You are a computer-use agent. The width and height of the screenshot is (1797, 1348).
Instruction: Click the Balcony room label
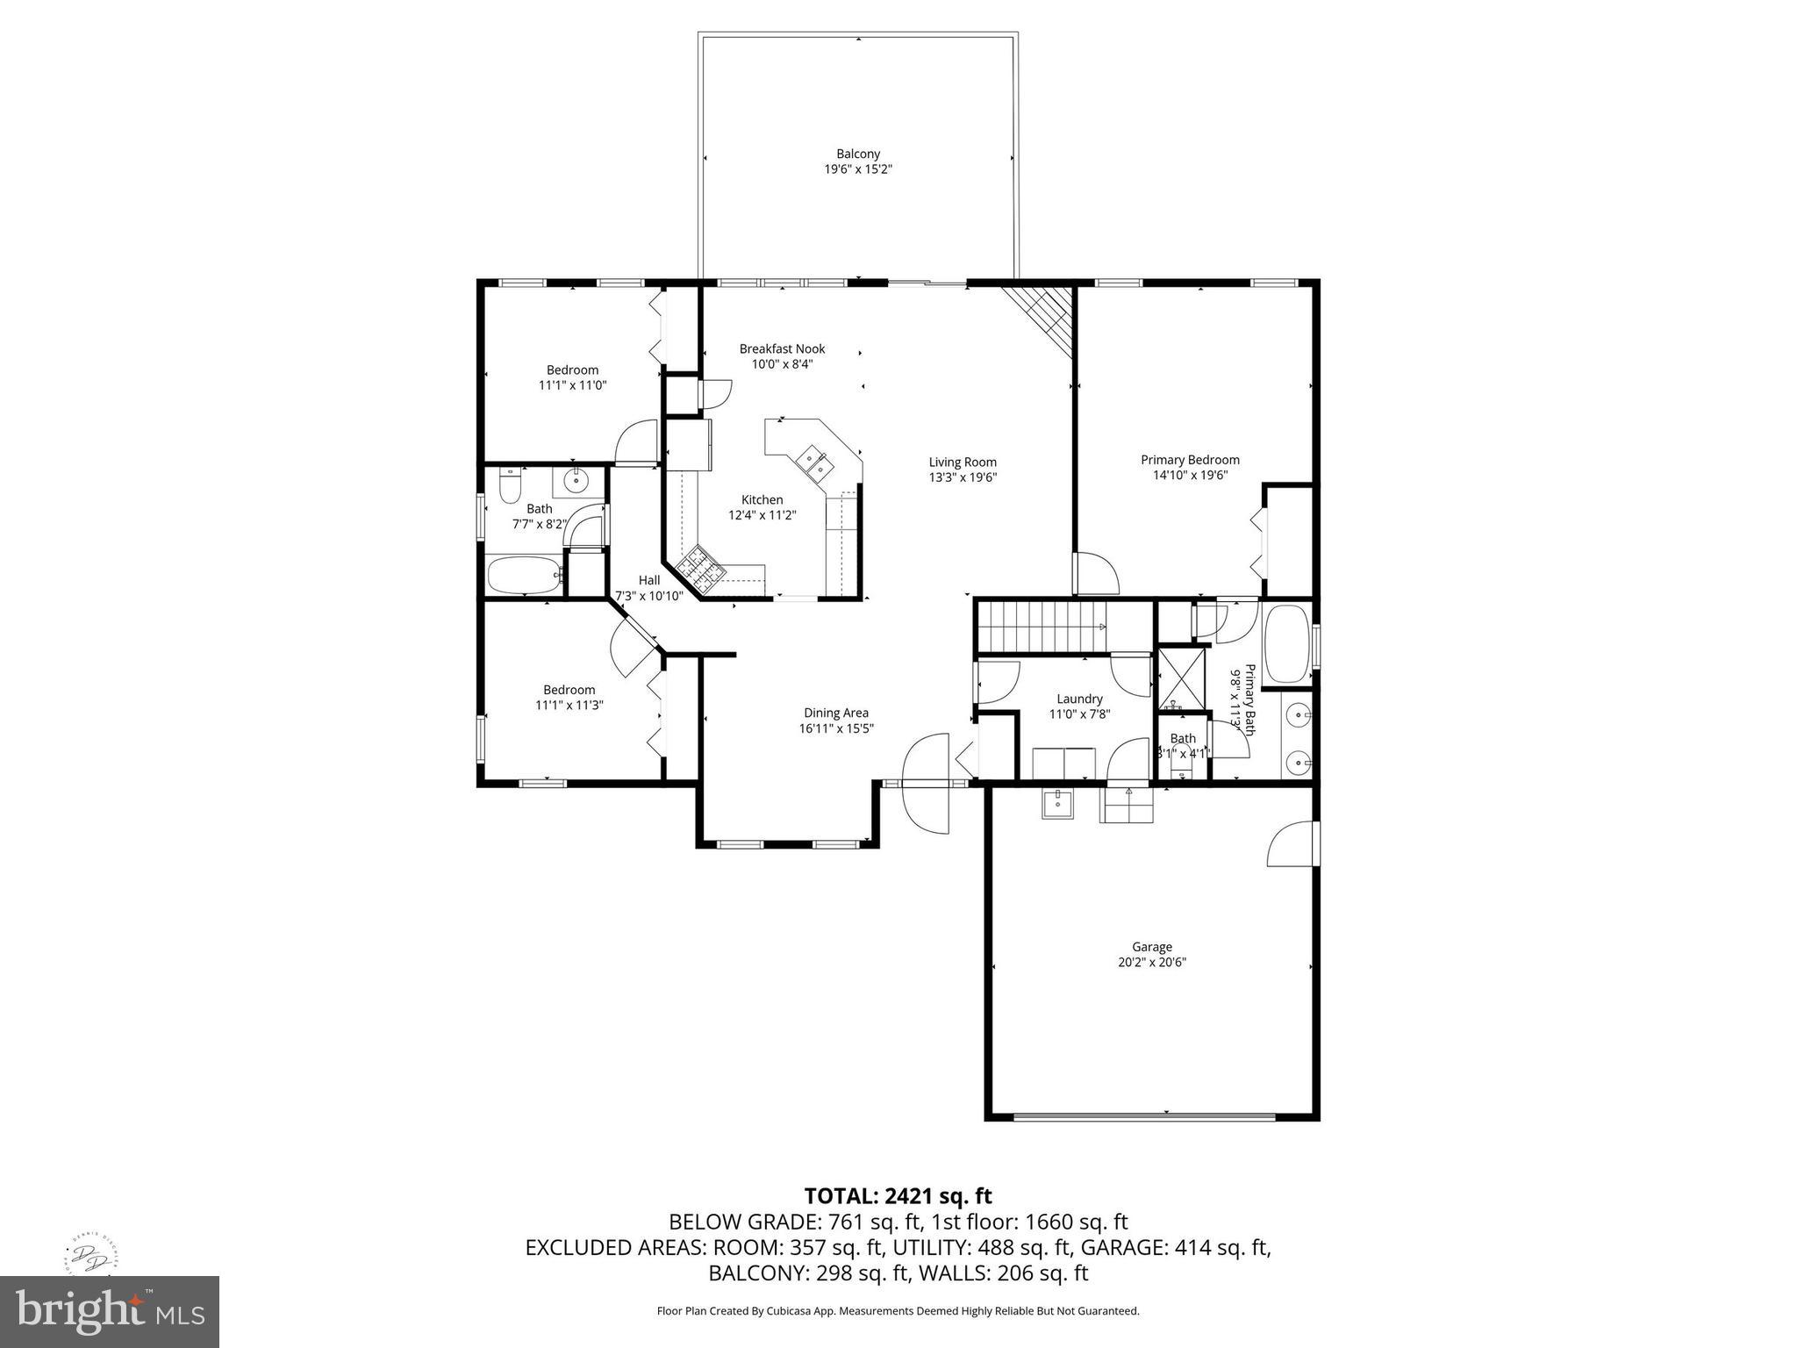click(857, 154)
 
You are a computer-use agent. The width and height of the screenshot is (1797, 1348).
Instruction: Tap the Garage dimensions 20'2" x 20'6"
click(1151, 962)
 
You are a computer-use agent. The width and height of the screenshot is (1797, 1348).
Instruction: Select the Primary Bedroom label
click(1189, 460)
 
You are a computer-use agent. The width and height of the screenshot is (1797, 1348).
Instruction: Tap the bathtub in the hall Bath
click(524, 576)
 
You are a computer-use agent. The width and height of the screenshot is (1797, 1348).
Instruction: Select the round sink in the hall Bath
click(577, 480)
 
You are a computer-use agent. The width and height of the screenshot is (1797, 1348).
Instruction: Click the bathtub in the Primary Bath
click(1285, 643)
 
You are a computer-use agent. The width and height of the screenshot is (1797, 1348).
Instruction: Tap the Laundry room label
click(1079, 699)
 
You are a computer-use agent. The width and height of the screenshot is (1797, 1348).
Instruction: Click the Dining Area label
click(835, 713)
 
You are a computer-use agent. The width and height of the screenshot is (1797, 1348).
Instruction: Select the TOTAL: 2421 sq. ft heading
click(898, 1195)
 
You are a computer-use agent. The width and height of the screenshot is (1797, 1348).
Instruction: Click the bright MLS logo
click(109, 1311)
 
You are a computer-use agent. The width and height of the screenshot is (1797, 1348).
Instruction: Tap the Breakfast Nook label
click(782, 348)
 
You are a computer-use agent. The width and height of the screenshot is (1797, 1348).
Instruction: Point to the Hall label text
click(649, 580)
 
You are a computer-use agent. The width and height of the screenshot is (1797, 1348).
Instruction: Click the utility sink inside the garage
click(1057, 802)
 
